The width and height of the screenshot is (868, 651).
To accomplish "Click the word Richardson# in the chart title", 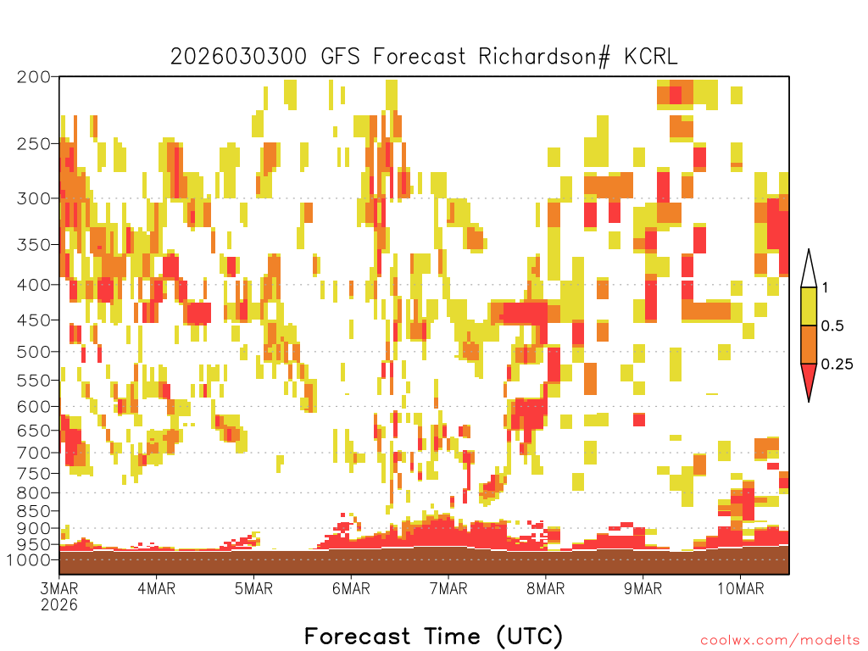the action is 544,57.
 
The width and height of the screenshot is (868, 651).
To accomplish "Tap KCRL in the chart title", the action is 651,57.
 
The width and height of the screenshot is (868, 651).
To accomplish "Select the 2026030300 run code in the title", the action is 238,57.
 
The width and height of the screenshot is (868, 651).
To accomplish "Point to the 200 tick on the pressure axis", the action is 34,77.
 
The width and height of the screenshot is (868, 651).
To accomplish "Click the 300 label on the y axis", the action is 34,198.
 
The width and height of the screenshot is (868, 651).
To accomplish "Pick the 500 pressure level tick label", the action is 34,352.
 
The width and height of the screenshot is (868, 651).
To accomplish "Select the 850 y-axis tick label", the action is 34,511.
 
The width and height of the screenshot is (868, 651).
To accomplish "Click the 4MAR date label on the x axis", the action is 157,588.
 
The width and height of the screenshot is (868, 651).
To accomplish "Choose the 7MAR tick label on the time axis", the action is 448,588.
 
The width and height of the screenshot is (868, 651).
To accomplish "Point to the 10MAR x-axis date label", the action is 741,588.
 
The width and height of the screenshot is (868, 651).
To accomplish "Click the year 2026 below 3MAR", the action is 59,604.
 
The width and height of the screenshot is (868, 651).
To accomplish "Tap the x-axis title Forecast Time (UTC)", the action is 433,636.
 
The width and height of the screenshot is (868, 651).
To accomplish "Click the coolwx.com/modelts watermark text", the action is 781,641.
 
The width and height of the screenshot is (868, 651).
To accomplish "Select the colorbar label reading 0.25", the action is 837,364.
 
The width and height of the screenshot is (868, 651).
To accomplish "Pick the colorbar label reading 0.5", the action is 832,325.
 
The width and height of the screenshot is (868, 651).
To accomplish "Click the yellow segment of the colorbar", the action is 809,306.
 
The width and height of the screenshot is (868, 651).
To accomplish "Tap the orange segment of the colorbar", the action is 809,344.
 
